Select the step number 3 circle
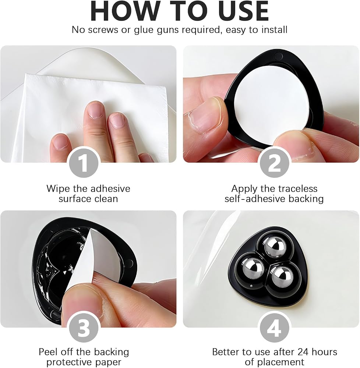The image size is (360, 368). pos(84,328)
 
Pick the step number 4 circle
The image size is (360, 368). pos(274,328)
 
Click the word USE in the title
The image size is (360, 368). pos(241,11)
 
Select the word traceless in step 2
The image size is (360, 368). pos(297,188)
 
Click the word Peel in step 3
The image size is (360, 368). pos(48,352)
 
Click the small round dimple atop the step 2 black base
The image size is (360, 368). pos(279,56)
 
